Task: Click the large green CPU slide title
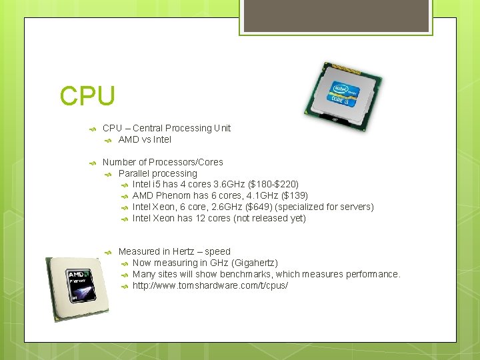87,95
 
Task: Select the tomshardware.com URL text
210,285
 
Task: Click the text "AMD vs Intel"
145,139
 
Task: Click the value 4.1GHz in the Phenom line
248,195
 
